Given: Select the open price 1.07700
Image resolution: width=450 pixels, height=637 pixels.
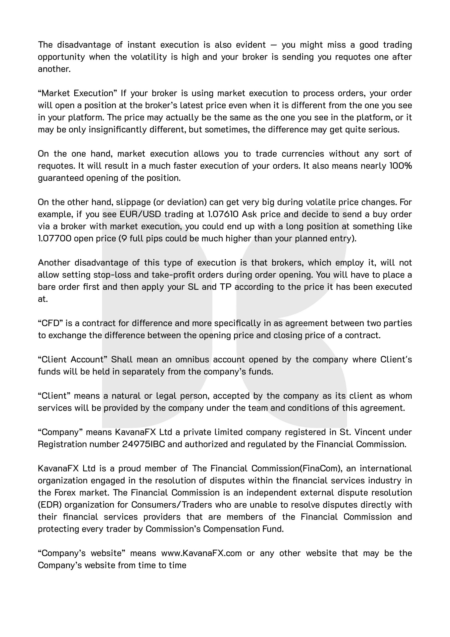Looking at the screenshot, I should [54, 238].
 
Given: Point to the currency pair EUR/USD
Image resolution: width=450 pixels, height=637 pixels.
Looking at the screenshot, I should [140, 214].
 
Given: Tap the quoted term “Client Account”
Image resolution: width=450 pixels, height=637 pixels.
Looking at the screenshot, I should [73, 359].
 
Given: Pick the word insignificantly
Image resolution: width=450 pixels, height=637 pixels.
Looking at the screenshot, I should [117, 129].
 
